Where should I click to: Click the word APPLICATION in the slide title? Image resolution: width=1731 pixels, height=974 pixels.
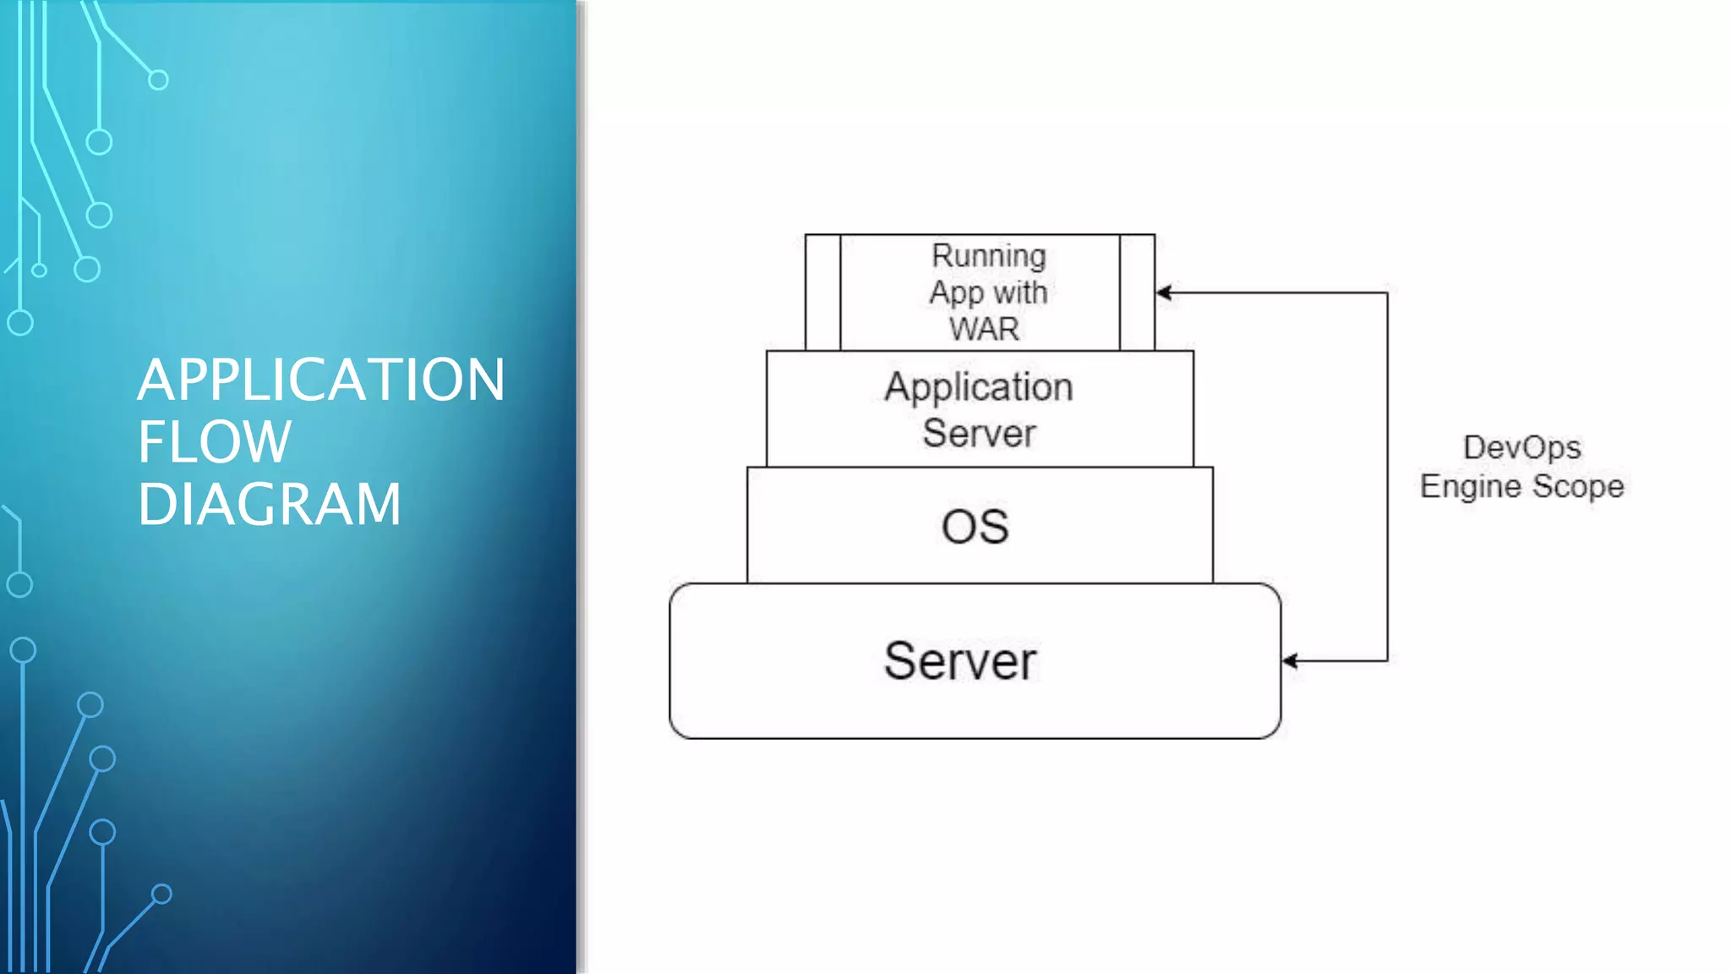tap(321, 380)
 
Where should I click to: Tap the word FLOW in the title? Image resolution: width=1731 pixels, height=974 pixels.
tap(215, 442)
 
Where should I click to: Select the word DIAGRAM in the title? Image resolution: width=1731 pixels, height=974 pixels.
tap(269, 505)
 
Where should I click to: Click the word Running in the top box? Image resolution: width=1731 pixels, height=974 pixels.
tap(988, 255)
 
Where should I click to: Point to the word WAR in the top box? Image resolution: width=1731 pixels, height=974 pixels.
tap(984, 329)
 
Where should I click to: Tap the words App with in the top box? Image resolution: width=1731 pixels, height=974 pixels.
tap(988, 293)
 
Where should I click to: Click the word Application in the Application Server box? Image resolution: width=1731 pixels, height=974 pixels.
tap(979, 387)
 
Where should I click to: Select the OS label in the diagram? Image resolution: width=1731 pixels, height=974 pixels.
tap(975, 527)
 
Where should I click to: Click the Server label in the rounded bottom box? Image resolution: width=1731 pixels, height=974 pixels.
tap(960, 661)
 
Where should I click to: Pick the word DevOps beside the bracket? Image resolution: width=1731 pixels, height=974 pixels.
tap(1521, 447)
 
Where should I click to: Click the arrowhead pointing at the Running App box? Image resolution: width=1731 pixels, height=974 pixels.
tap(1164, 293)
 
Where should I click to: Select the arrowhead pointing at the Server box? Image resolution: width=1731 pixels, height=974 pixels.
tap(1290, 661)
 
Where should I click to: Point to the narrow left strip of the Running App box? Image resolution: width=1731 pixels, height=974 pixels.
tap(822, 293)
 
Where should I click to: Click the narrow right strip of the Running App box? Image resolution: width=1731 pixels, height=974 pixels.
tap(1137, 293)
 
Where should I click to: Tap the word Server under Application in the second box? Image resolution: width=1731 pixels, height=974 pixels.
tap(979, 434)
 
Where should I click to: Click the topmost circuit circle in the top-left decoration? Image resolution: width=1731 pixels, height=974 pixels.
tap(158, 80)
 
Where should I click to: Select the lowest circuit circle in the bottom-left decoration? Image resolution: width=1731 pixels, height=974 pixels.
tap(161, 894)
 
